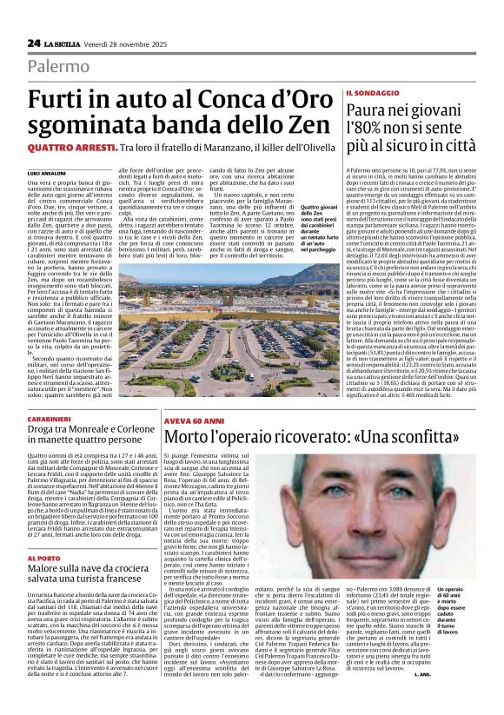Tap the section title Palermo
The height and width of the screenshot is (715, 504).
click(x=57, y=66)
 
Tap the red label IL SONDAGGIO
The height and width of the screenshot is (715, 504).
click(x=375, y=93)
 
